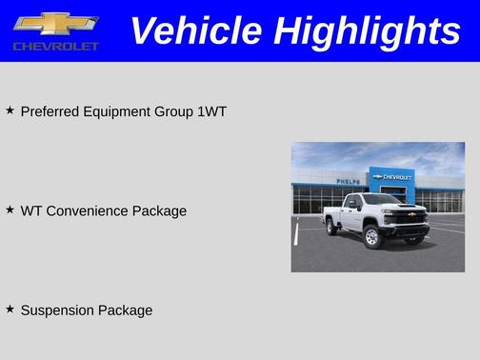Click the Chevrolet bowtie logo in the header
coord(56,24)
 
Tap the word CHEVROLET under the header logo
coord(56,46)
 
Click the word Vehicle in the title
coord(195,31)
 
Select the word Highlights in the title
coord(366,31)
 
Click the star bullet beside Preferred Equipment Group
coord(10,110)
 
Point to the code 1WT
coord(211,111)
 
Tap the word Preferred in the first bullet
coord(51,111)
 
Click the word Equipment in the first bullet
coord(117,111)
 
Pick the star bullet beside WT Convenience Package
coord(10,210)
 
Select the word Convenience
coord(91,210)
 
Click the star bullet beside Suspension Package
coord(10,309)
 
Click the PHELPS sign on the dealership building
coord(349,180)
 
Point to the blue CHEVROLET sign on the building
coord(391,176)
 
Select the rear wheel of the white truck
coord(331,227)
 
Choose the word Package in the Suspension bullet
coord(126,310)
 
